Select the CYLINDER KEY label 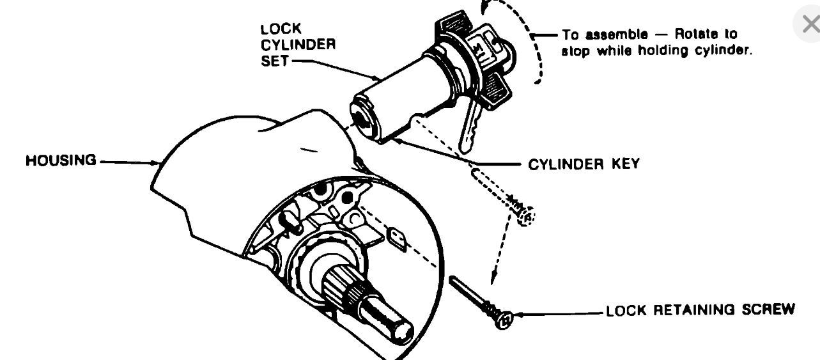[x=584, y=164]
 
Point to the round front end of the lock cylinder [x=362, y=118]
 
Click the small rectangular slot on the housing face [x=399, y=239]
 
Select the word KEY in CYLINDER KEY [x=624, y=164]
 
